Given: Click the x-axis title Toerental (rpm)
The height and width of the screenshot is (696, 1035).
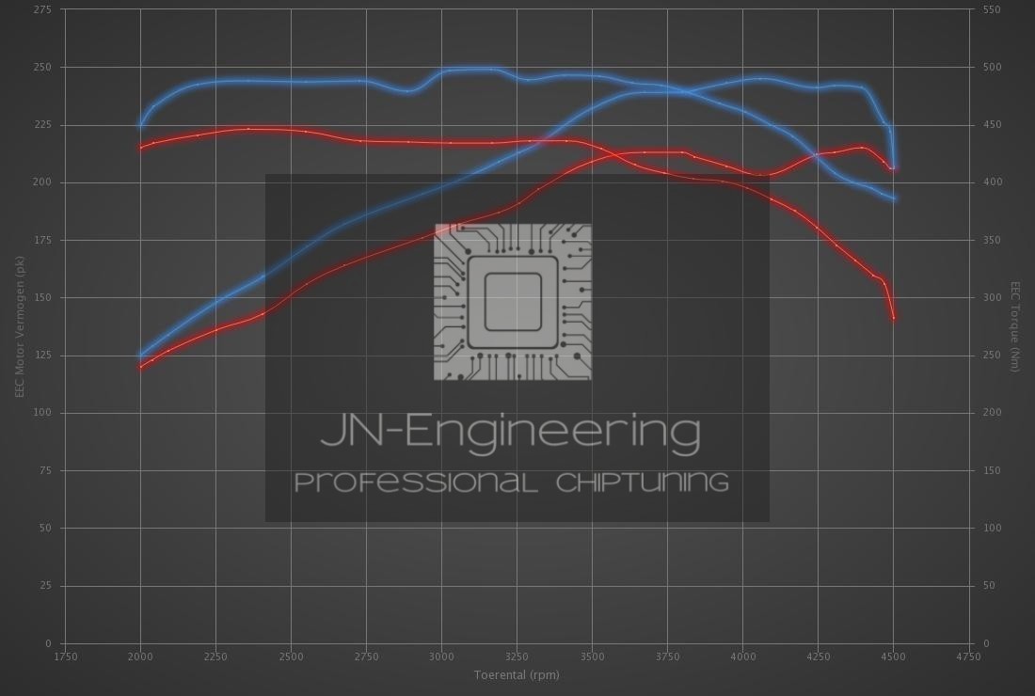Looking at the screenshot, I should [517, 674].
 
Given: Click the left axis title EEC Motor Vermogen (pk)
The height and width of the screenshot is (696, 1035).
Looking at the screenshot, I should [19, 326].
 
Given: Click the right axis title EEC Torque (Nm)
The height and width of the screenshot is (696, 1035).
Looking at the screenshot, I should [1015, 326].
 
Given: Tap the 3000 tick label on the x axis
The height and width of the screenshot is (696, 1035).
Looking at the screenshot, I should [441, 656].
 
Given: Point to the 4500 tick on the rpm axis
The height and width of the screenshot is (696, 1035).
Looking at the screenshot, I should [893, 656].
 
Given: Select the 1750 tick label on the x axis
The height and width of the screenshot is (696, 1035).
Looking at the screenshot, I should [65, 656].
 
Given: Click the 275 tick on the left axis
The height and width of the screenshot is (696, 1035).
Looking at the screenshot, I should [42, 9].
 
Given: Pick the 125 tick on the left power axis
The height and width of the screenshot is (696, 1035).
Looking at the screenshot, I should [42, 356].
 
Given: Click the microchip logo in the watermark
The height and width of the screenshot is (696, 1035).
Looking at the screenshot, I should [513, 302].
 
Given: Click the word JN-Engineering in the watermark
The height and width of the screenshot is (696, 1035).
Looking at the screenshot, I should [511, 433].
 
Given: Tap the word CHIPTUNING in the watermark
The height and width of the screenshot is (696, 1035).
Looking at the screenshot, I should [643, 482].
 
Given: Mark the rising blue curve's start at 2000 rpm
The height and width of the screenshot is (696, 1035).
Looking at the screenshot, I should [141, 356].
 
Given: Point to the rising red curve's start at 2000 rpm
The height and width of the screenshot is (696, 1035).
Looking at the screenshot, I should [141, 367].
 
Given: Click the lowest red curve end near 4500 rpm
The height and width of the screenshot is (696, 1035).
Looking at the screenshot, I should [894, 319].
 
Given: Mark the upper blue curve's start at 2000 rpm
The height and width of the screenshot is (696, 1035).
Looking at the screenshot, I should [141, 125].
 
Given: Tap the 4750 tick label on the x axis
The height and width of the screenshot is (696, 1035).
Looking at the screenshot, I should [968, 656].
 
